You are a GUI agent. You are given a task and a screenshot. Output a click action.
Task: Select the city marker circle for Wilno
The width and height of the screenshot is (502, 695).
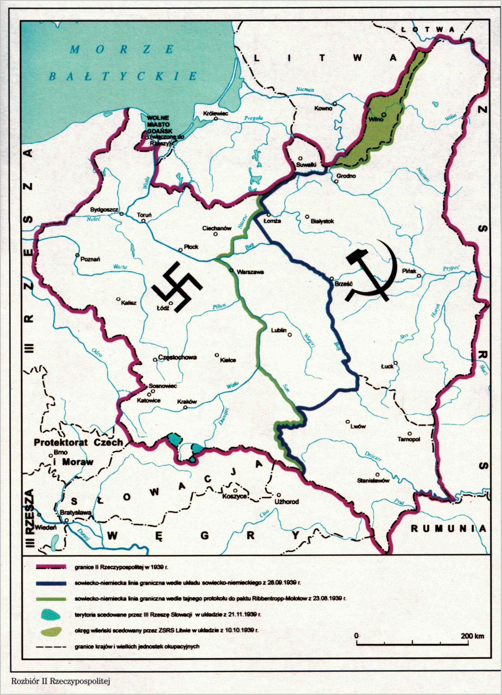click(x=383, y=114)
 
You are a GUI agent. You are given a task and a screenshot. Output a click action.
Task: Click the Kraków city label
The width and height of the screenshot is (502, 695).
click(x=187, y=402)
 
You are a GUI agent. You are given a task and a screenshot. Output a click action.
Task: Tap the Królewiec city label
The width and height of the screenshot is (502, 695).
click(x=216, y=114)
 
